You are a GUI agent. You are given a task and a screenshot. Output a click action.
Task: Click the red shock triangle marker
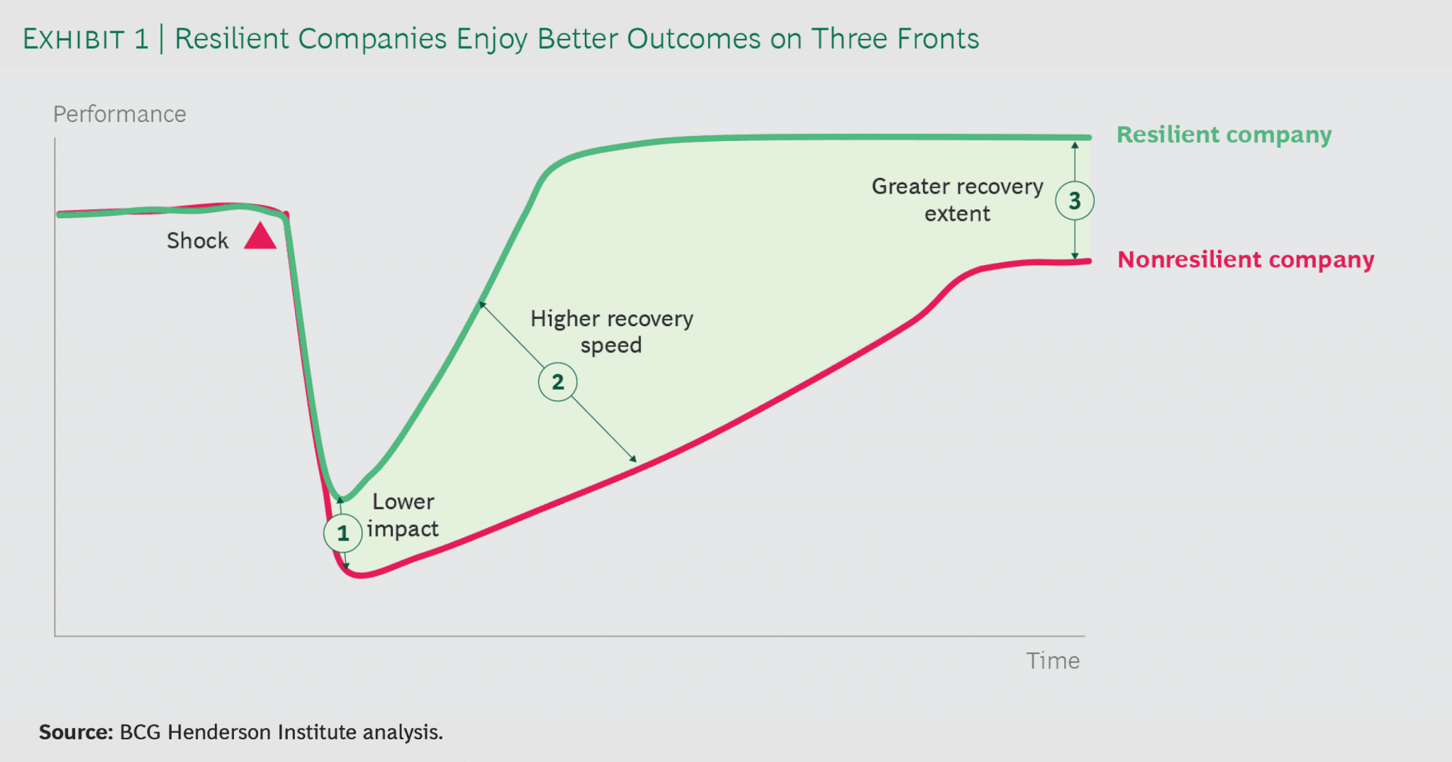click(260, 237)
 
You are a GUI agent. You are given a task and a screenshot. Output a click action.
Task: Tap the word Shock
click(197, 241)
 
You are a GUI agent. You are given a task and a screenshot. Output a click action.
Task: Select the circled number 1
click(343, 533)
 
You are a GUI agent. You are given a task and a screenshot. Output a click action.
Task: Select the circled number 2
click(558, 382)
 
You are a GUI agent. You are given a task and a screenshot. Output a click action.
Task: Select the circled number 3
click(1075, 201)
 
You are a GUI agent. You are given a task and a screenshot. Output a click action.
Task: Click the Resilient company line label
click(1224, 135)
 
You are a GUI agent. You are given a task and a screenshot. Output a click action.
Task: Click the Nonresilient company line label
click(1246, 259)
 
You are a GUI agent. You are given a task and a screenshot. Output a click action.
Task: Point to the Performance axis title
click(119, 114)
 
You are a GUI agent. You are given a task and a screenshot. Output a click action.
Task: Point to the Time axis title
click(1053, 661)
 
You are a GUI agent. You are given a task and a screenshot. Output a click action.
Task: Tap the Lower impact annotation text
click(403, 515)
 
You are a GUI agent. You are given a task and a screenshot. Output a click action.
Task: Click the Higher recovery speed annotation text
click(611, 332)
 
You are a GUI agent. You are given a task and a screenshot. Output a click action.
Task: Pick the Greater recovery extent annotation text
click(957, 200)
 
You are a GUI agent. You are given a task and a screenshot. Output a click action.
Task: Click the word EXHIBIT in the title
click(74, 40)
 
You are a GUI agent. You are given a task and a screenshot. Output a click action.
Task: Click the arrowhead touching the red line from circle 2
click(634, 459)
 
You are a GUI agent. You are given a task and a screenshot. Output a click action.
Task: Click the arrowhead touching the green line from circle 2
click(482, 305)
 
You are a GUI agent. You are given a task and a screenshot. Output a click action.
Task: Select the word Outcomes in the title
click(693, 39)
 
